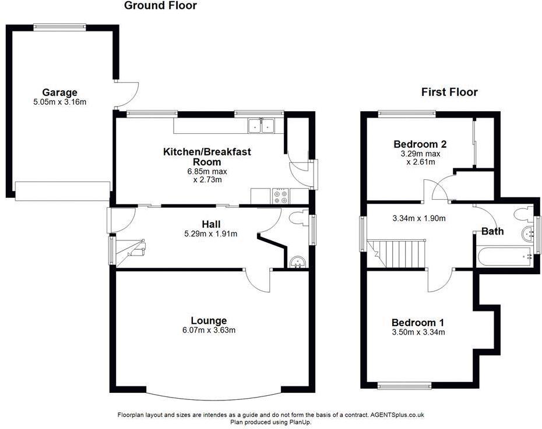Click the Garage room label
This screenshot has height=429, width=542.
pyautogui.click(x=59, y=93)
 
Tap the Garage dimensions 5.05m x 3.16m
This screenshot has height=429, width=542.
pyautogui.click(x=59, y=102)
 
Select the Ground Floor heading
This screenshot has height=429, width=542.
pyautogui.click(x=160, y=6)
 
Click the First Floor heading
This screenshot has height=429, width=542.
pyautogui.click(x=449, y=92)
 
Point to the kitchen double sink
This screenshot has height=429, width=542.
pyautogui.click(x=261, y=125)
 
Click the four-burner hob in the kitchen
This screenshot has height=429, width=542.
pyautogui.click(x=279, y=196)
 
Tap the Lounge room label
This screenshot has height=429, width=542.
pyautogui.click(x=209, y=321)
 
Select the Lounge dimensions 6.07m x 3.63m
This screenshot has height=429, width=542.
pyautogui.click(x=209, y=330)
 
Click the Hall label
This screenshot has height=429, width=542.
pyautogui.click(x=210, y=224)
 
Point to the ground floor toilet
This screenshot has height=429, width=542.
pyautogui.click(x=297, y=218)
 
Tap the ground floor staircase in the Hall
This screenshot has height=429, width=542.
pyautogui.click(x=131, y=251)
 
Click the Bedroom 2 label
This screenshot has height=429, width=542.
pyautogui.click(x=420, y=144)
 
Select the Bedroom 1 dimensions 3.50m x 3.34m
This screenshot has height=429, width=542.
pyautogui.click(x=418, y=332)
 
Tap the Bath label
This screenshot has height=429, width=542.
pyautogui.click(x=492, y=232)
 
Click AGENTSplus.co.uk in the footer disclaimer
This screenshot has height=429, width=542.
pyautogui.click(x=397, y=415)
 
